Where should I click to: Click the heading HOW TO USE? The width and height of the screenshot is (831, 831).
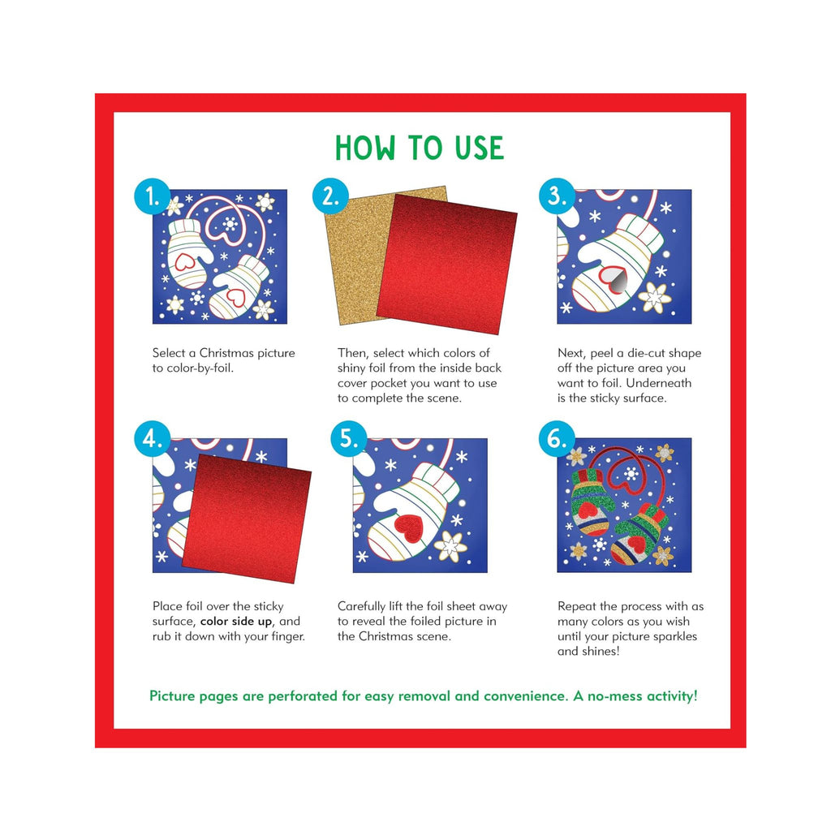tap(420, 148)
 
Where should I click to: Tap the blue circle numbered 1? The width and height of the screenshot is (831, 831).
tap(153, 196)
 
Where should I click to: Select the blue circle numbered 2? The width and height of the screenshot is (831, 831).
tap(330, 196)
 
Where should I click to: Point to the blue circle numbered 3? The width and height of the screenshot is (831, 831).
tap(557, 196)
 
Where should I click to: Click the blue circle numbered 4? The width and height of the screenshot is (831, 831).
tap(153, 439)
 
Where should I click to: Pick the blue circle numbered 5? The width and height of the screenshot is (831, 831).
tap(349, 439)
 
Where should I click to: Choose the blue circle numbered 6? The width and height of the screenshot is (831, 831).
tap(557, 439)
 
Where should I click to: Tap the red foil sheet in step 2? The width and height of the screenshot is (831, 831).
tap(447, 264)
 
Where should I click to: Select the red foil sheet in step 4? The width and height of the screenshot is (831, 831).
tap(247, 519)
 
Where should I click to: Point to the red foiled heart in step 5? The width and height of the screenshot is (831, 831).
tap(408, 526)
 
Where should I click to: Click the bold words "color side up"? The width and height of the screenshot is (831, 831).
tap(236, 621)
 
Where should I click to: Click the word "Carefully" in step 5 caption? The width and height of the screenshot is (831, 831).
tap(362, 606)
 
